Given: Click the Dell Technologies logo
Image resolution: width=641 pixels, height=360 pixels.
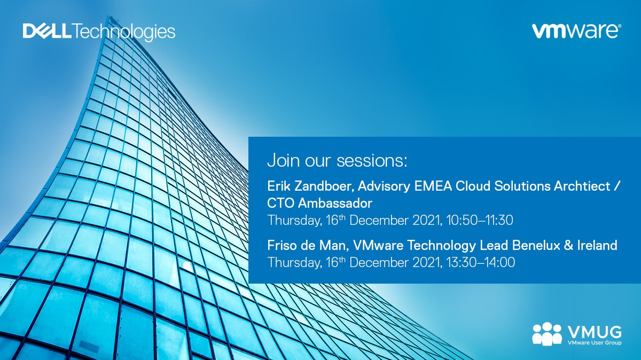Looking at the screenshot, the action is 99,32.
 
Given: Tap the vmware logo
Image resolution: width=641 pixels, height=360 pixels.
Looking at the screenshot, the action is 576,31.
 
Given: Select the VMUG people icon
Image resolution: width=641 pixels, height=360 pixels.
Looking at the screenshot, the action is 547,334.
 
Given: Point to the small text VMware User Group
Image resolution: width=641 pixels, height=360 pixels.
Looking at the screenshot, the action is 595,343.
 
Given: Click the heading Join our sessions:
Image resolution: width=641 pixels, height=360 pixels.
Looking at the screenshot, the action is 337,160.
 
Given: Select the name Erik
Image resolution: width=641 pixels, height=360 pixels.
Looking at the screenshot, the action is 278,186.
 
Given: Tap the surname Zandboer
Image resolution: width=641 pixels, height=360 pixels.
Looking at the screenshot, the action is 323,186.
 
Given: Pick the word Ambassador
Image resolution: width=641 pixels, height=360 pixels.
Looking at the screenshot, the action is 335,203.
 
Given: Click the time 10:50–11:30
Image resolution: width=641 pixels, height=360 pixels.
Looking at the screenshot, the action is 480,221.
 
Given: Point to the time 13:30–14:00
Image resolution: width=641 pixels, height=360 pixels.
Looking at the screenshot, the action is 480,262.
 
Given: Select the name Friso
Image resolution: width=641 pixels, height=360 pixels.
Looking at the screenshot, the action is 282,246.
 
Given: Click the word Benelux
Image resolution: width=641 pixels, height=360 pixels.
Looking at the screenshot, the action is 536,246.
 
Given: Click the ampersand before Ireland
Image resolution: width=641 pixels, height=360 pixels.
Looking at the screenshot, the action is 568,246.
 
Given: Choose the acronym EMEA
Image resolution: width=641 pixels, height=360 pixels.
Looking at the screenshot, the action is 433,186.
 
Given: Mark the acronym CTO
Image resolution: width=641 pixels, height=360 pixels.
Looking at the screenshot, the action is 280,203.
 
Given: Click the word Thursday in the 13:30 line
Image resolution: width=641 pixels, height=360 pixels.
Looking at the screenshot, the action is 293,263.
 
